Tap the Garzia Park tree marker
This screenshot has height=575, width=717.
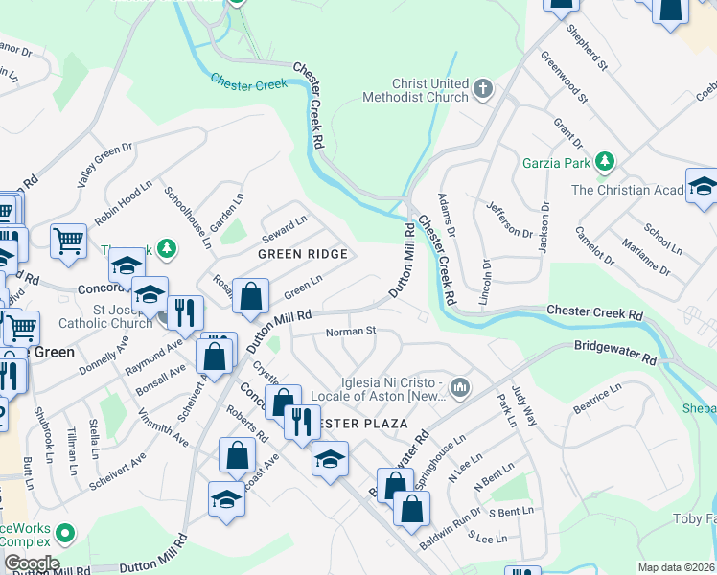pos(604,161)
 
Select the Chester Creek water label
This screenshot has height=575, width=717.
pos(248,83)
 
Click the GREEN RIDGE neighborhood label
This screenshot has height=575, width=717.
pos(302,253)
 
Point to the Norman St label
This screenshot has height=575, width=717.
pos(349,332)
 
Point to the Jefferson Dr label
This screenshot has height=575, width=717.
pos(509,219)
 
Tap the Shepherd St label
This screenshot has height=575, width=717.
pos(588,50)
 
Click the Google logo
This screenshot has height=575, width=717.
pos(32,563)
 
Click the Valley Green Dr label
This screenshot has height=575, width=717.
pos(105,164)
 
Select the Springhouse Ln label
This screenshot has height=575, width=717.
pos(447,458)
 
